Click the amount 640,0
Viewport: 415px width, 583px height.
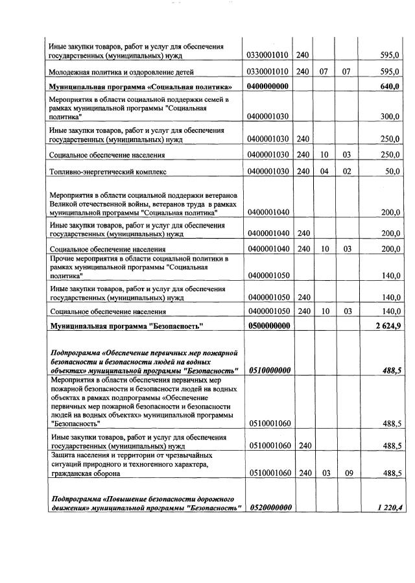[390, 87]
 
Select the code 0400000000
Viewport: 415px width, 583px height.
[268, 87]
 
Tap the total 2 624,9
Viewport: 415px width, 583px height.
[386, 326]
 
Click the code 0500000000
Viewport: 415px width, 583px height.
[268, 326]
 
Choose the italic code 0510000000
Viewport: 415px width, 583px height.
[268, 370]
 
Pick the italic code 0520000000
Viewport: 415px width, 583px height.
[268, 507]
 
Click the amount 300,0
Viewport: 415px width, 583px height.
[390, 117]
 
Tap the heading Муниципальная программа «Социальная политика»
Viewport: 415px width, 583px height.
[141, 87]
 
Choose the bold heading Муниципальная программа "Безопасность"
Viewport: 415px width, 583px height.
[126, 326]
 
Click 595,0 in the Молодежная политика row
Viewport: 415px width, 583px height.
[390, 71]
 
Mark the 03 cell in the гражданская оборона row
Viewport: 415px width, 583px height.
[324, 473]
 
